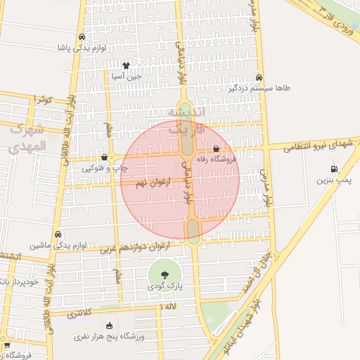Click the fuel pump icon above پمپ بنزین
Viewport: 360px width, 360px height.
coord(333,169)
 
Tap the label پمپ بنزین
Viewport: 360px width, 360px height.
coord(332,180)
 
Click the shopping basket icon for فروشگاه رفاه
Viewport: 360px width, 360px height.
coord(216,149)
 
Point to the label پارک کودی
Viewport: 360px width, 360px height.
coord(165,287)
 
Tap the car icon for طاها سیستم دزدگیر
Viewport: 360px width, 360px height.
coord(259,77)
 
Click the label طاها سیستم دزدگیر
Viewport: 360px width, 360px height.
coord(259,89)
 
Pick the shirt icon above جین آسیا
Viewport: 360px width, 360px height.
coord(126,65)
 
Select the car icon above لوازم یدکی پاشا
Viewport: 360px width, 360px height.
coord(82,37)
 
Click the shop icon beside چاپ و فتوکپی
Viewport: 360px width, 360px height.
coord(105,157)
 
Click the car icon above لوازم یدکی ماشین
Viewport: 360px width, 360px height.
coord(58,234)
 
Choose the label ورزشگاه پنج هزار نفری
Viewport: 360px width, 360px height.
coord(109,337)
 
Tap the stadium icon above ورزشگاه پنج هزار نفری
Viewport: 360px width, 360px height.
coord(109,326)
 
